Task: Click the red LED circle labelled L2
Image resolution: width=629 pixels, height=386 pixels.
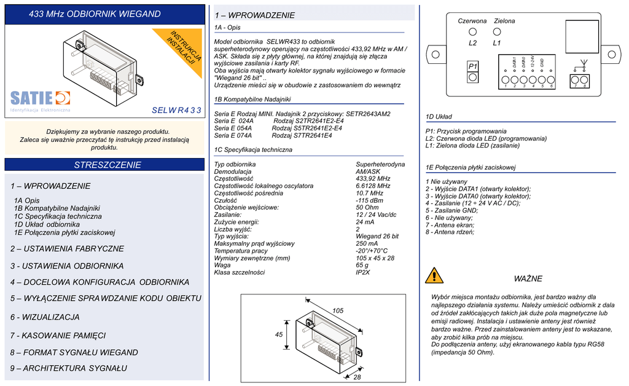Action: (473, 32)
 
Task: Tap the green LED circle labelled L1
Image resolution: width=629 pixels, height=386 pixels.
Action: (497, 32)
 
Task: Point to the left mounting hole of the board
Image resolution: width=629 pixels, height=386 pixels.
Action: (435, 54)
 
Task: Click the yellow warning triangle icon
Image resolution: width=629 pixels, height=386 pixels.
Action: (434, 275)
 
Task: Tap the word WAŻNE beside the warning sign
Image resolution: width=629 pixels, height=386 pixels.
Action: (528, 279)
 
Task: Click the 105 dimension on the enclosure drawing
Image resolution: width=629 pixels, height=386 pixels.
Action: (338, 311)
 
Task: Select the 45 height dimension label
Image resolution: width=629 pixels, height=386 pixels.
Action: (279, 334)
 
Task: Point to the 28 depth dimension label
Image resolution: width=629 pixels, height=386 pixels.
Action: (357, 377)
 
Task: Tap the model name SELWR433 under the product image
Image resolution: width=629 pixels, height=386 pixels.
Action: (176, 111)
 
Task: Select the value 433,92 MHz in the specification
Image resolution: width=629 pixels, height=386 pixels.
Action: (373, 179)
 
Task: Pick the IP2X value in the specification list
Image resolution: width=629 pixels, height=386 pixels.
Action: (363, 272)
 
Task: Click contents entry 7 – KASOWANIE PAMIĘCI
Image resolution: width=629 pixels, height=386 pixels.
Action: (58, 336)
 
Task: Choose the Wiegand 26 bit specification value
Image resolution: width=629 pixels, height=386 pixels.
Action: (377, 236)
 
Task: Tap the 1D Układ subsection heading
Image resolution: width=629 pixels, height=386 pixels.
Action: (439, 117)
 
